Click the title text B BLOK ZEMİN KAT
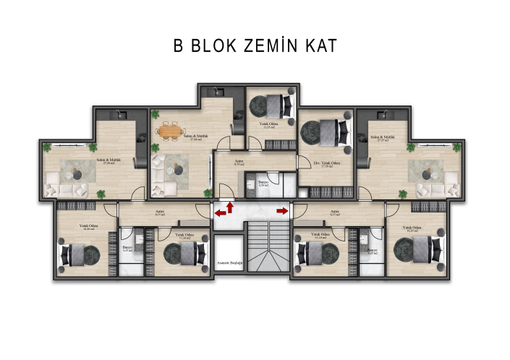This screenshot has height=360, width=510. pos(255,46)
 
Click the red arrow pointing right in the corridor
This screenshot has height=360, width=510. pos(282,210)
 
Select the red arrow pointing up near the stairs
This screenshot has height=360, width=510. pos(230,208)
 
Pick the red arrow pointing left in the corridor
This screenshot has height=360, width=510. pos(219,213)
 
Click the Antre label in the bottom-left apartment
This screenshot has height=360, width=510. pos(160,213)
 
